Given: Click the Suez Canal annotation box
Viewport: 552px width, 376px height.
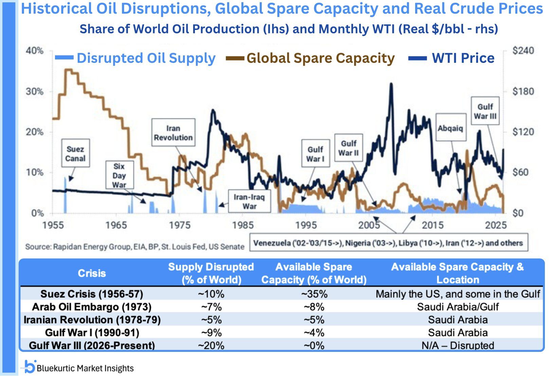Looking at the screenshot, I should click(75, 153).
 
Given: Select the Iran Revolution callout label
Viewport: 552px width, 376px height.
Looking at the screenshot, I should click(173, 133).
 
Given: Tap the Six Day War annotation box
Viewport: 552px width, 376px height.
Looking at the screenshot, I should click(119, 175).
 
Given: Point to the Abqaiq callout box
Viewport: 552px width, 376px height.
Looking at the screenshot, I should click(450, 128).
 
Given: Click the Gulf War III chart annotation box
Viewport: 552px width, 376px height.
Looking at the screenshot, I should click(485, 111).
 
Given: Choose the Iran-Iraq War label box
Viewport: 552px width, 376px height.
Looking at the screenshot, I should click(249, 201).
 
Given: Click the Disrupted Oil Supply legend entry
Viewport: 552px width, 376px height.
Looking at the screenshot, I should click(136, 58).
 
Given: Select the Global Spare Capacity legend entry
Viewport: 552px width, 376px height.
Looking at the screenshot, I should click(311, 58).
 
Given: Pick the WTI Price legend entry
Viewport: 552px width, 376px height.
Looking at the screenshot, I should click(452, 58).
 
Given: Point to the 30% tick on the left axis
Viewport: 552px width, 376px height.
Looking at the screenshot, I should click(35, 91).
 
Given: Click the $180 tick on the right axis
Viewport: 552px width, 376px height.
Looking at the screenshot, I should click(523, 91).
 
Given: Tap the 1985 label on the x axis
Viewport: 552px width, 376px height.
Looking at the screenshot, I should click(243, 225).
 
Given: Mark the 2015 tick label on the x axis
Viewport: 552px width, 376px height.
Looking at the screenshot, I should click(433, 225).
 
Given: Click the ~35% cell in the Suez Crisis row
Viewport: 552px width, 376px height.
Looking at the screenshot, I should click(314, 294).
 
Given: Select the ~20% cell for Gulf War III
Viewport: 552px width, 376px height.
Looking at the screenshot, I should click(211, 346).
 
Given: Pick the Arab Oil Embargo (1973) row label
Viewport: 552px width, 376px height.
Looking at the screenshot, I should click(92, 307).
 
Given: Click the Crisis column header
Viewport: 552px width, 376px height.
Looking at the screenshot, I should click(92, 273).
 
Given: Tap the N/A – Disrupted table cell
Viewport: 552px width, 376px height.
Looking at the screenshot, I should click(458, 346).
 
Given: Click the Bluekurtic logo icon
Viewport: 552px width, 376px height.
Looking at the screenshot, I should click(30, 367).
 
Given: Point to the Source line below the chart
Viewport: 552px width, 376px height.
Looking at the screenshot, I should click(134, 246).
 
